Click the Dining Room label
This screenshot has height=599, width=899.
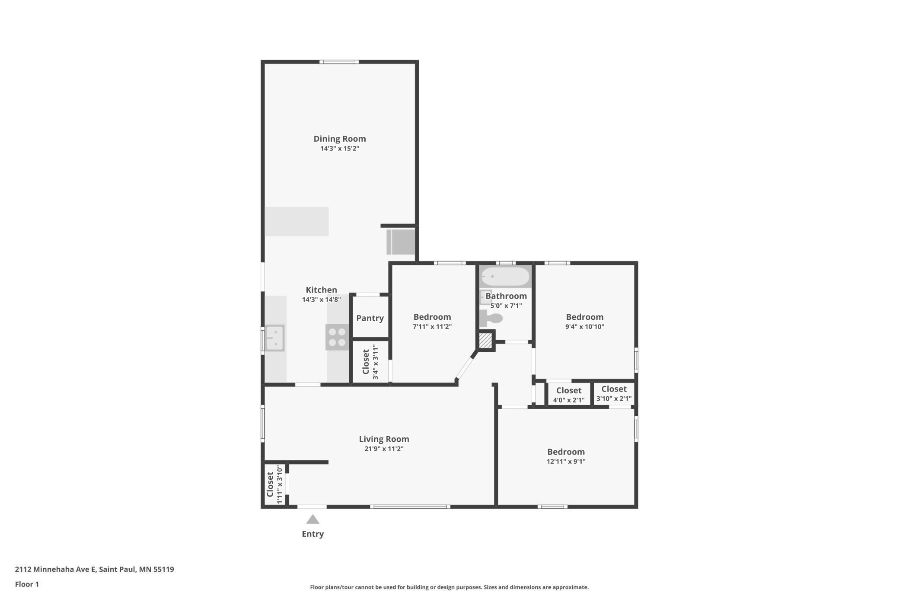coord(340,139)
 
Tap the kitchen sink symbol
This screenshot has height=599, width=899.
coord(274,338)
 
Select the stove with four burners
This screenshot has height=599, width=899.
coord(337,337)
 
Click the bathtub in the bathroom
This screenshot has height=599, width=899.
coord(505,276)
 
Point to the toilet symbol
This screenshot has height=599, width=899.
coord(491,319)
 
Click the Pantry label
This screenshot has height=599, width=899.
coord(370,318)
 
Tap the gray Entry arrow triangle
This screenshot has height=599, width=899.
coord(312,519)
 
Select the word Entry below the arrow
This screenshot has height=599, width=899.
coord(313,534)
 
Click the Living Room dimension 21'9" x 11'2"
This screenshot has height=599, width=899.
coord(384,449)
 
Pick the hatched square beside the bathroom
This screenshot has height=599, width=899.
coord(485,340)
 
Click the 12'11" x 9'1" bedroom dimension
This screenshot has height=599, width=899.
coord(566,461)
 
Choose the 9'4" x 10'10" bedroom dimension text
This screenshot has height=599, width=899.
coord(585,326)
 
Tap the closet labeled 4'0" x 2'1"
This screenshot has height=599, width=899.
coord(569,395)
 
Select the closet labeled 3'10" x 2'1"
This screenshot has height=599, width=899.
coord(614,393)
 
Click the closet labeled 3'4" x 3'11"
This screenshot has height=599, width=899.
coord(371,362)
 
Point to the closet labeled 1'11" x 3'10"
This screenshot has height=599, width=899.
coord(275,484)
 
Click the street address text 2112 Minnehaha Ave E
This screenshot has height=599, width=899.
coord(55,569)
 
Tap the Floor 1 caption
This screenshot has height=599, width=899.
coord(27,584)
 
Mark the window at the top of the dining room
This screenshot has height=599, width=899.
coord(339,62)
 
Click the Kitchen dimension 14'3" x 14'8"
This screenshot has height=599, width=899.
coord(322,299)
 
